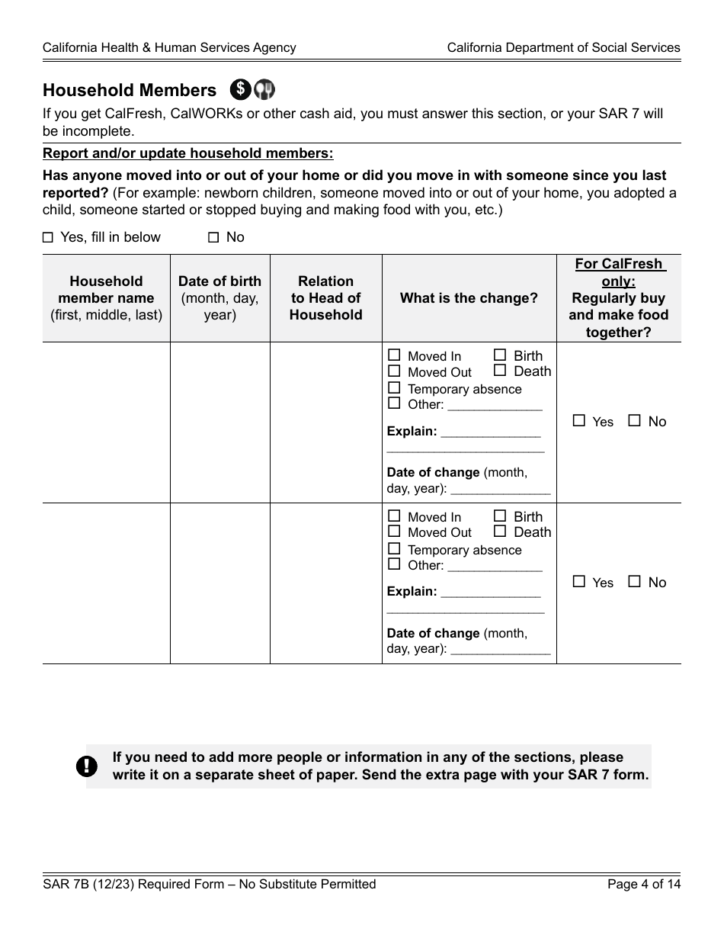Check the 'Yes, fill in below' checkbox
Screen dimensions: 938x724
pyautogui.click(x=48, y=237)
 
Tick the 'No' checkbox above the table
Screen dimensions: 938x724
pyautogui.click(x=213, y=237)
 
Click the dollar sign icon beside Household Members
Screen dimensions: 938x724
pyautogui.click(x=240, y=89)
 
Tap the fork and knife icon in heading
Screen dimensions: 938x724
pyautogui.click(x=264, y=89)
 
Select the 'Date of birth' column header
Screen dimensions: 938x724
pyautogui.click(x=219, y=297)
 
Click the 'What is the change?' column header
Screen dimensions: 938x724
pyautogui.click(x=469, y=298)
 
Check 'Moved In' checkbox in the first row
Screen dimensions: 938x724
pyautogui.click(x=394, y=355)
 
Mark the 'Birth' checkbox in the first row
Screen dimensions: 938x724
pyautogui.click(x=500, y=355)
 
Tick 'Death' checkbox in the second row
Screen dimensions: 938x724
pyautogui.click(x=500, y=532)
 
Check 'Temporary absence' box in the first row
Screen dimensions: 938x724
pyautogui.click(x=394, y=387)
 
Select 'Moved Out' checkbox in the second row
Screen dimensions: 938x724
pyautogui.click(x=394, y=532)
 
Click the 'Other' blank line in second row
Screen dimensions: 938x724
pyautogui.click(x=495, y=567)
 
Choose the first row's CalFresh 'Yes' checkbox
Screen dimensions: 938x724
pyautogui.click(x=579, y=420)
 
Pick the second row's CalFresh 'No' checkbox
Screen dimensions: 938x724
pyautogui.click(x=634, y=581)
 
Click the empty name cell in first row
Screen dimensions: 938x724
pyautogui.click(x=106, y=422)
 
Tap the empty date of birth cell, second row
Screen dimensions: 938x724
pyautogui.click(x=219, y=583)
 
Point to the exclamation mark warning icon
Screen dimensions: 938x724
pyautogui.click(x=87, y=766)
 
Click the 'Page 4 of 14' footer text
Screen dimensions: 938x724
pyautogui.click(x=643, y=885)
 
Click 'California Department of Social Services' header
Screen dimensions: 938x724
pyautogui.click(x=563, y=47)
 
